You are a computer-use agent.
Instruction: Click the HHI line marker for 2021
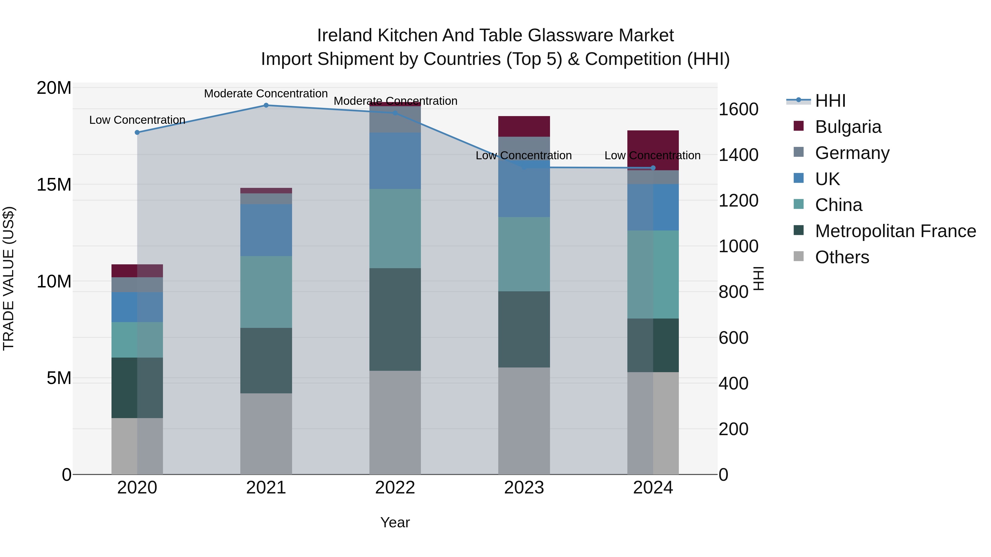(266, 105)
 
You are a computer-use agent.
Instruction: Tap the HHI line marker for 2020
(137, 132)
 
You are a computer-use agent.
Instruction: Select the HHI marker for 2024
(653, 168)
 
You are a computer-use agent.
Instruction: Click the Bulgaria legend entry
(848, 127)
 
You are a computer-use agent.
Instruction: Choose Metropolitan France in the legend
(895, 231)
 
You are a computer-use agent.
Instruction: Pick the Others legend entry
(842, 257)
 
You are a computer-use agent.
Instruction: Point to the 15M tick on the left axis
(54, 185)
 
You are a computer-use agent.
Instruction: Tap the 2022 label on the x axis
(395, 488)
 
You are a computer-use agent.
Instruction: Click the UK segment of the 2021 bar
(266, 230)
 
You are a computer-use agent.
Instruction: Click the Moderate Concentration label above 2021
(266, 94)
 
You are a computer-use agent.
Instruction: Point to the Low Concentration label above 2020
(137, 120)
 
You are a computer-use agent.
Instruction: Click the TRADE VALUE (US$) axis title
(9, 278)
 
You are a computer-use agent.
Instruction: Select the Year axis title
(395, 522)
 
